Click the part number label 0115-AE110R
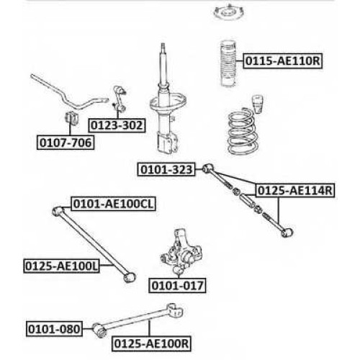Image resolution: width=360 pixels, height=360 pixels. (x=282, y=61)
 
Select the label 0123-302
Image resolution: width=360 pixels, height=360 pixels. (x=117, y=125)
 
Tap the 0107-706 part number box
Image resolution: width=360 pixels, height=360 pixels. (x=66, y=143)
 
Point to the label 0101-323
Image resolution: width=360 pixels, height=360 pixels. (x=166, y=169)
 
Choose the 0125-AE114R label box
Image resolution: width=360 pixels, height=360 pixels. (x=295, y=191)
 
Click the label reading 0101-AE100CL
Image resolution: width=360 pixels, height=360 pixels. (x=113, y=204)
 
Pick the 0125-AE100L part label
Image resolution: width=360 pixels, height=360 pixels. (x=61, y=266)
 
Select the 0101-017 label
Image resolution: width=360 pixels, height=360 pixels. (x=177, y=286)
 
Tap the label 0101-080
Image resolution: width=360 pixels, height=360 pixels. (x=54, y=329)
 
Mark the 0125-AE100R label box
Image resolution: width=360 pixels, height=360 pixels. (x=151, y=343)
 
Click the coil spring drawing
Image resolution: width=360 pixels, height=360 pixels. (x=243, y=131)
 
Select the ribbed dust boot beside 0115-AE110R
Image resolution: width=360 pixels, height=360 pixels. (x=228, y=63)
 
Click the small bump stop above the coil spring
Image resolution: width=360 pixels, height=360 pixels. (x=257, y=104)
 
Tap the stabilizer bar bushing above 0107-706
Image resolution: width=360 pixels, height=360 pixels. (x=72, y=117)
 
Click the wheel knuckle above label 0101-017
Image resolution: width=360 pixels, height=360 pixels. (x=181, y=251)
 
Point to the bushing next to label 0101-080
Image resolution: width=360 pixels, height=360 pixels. (x=99, y=330)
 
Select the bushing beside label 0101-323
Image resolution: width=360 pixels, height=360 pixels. (x=208, y=168)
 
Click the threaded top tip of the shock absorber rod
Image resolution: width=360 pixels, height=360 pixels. (x=163, y=46)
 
